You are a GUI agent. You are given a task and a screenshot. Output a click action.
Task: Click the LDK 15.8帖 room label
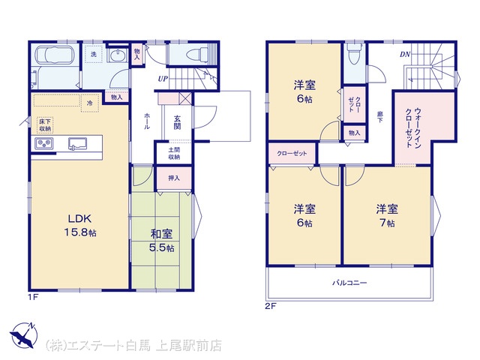click(80, 226)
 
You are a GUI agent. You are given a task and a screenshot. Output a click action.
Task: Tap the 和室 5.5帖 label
click(162, 241)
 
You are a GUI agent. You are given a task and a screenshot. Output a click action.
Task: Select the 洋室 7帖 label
click(387, 216)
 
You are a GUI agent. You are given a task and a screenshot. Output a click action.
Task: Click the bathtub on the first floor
click(55, 55)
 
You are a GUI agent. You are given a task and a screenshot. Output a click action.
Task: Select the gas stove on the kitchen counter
click(43, 143)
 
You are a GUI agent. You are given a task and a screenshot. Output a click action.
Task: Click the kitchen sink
click(77, 143)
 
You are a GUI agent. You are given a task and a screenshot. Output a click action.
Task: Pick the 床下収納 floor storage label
click(45, 125)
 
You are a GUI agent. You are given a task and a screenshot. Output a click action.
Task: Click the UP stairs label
click(163, 79)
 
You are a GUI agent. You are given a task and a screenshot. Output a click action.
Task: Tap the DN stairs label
click(405, 55)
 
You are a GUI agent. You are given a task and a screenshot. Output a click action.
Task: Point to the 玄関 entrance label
click(177, 122)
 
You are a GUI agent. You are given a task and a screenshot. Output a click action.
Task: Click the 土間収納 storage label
click(174, 154)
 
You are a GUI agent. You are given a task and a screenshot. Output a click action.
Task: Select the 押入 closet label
click(174, 178)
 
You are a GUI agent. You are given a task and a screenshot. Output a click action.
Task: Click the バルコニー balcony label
click(349, 283)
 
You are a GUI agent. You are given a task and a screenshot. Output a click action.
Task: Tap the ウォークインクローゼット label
click(413, 128)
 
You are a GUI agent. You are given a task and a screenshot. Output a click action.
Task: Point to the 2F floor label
click(270, 306)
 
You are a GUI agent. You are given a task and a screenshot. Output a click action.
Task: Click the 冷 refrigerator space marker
click(90, 103)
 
